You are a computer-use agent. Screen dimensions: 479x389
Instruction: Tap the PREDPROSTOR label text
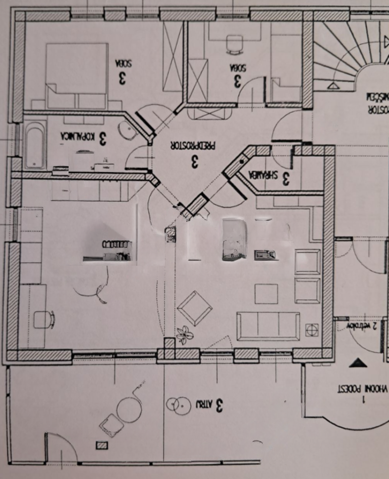pos(193,146)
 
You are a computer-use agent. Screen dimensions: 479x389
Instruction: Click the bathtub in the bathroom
pos(35,146)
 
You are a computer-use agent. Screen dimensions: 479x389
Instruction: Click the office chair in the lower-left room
pos(43,319)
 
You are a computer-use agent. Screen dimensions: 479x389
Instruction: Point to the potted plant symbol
pos(184,334)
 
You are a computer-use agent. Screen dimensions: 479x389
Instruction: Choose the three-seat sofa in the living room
pos(268,326)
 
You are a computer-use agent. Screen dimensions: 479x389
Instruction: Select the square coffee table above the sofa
pos(266,294)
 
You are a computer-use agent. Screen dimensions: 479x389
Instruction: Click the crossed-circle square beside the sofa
pos(312,330)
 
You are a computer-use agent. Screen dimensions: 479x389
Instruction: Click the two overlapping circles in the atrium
pos(176,404)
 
